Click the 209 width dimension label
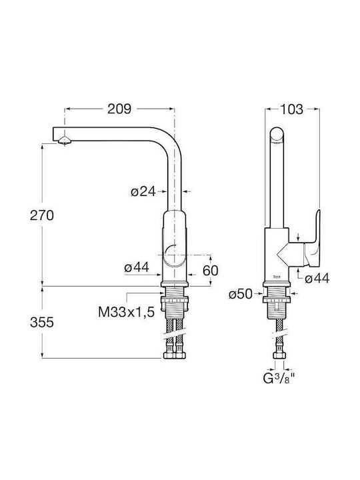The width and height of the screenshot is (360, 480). (x=119, y=109)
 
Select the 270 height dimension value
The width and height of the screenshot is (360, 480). (x=42, y=215)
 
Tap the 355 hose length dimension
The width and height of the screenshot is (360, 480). (x=42, y=323)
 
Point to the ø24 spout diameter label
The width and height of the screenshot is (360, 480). (x=143, y=192)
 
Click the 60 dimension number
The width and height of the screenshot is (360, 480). (x=211, y=271)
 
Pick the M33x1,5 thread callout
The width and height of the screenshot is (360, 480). (x=127, y=312)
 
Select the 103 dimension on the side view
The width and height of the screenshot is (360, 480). (x=292, y=109)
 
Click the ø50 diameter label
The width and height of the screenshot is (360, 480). (x=241, y=295)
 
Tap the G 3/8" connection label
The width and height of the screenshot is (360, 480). (x=279, y=379)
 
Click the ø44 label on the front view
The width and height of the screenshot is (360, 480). (x=137, y=267)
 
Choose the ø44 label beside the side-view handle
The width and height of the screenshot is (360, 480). (x=317, y=279)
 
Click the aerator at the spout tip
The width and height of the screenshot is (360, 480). (x=65, y=141)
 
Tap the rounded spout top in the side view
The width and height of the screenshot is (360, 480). (x=277, y=135)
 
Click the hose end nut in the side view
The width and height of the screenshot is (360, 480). (x=279, y=355)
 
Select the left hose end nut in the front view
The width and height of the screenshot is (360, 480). (x=169, y=355)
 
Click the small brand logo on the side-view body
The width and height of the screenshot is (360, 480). (x=276, y=277)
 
